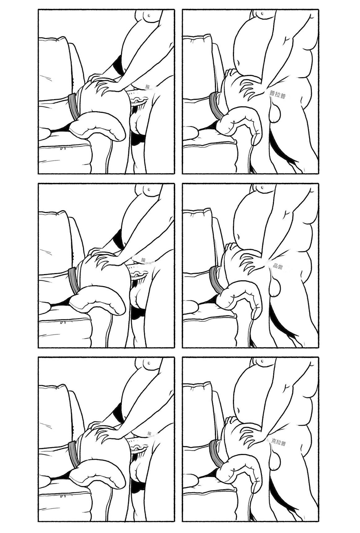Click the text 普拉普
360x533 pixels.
coord(277,95)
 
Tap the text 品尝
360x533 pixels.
coord(277,266)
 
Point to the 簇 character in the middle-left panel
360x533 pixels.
coord(143,260)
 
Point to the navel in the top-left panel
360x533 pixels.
coord(149,15)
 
